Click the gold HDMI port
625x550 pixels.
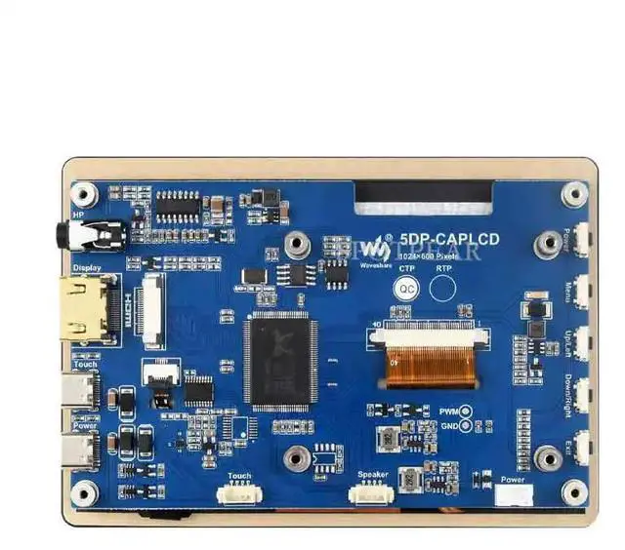87,306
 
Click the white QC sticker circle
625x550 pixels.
405,288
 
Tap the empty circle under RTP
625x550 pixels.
444,288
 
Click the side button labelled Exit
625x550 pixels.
582,449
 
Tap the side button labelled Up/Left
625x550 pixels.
582,341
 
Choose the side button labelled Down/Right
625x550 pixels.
582,395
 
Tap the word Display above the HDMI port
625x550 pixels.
86,267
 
